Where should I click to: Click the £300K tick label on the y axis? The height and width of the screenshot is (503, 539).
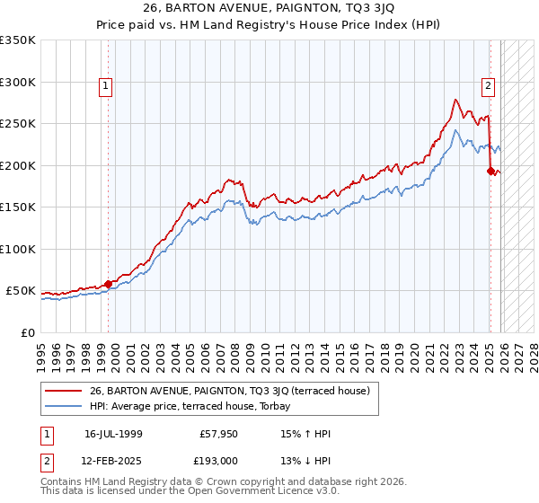pyautogui.click(x=18, y=82)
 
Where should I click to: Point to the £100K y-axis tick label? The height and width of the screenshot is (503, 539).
pyautogui.click(x=18, y=250)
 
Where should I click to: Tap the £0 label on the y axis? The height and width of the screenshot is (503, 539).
pyautogui.click(x=28, y=333)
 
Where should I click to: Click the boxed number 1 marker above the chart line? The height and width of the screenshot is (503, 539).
pyautogui.click(x=106, y=86)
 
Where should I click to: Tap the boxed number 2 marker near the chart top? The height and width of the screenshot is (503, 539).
pyautogui.click(x=488, y=86)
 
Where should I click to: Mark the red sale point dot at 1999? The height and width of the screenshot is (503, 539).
pyautogui.click(x=109, y=284)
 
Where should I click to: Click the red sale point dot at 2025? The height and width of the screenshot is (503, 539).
pyautogui.click(x=490, y=171)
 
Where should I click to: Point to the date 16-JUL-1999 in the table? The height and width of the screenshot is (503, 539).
pyautogui.click(x=112, y=433)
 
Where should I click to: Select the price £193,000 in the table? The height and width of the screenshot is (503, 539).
pyautogui.click(x=218, y=461)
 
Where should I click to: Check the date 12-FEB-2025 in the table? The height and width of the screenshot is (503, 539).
pyautogui.click(x=112, y=461)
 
